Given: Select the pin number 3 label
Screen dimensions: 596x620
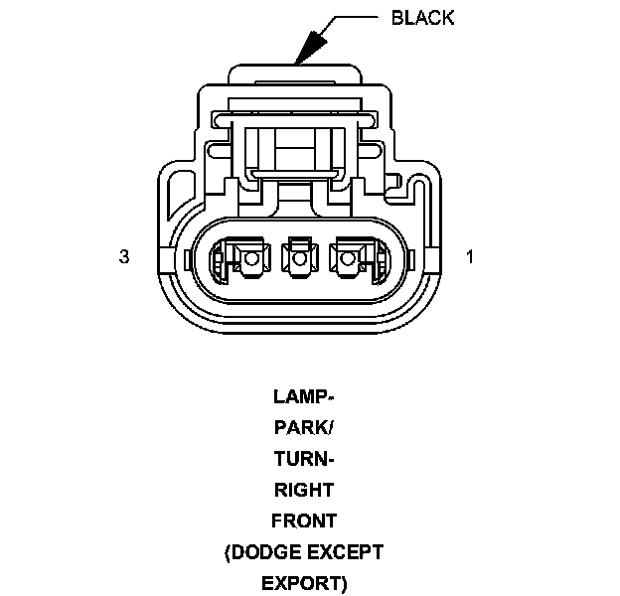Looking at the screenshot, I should click(x=124, y=256).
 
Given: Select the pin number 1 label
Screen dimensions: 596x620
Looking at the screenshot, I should click(x=469, y=256).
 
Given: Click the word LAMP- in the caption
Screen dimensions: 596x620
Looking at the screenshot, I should click(x=304, y=396).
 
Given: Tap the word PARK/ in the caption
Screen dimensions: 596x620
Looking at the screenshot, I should click(x=304, y=428).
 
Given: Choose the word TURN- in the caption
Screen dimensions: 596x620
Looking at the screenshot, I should click(x=304, y=459).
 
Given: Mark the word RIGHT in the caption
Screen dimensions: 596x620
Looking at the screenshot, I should click(x=304, y=490).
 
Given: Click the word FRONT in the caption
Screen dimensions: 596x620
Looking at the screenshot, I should click(x=304, y=521).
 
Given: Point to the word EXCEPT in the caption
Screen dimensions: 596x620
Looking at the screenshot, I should click(x=347, y=551).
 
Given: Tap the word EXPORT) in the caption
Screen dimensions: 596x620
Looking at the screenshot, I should click(x=304, y=582).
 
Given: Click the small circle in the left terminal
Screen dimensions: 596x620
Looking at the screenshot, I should click(x=250, y=260).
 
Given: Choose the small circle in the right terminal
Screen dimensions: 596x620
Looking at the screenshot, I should click(x=347, y=260).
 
